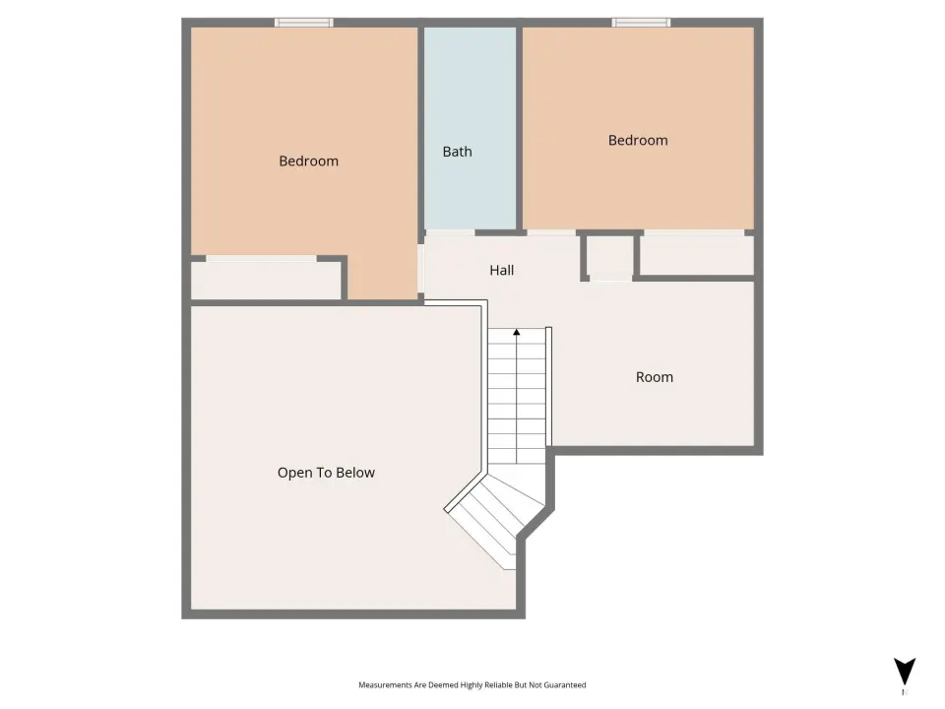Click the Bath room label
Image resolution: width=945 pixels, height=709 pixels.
457,152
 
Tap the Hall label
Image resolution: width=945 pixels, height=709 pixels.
501,270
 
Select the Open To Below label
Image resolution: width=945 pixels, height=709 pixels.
326,473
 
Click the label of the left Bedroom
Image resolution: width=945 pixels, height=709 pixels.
308,161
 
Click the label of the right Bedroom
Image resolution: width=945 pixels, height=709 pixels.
638,141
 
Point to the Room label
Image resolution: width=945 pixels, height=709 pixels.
655,377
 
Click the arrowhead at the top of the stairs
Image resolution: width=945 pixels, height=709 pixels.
517,332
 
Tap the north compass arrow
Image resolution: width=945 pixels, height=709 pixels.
905,672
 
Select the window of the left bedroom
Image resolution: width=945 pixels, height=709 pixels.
304,23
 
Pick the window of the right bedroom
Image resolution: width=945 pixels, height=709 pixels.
641,23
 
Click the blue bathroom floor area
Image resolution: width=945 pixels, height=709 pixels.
471,128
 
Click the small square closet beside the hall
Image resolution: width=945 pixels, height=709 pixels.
610,257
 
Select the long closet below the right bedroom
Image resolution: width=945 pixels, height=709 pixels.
697,255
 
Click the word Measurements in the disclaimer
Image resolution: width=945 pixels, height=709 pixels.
385,685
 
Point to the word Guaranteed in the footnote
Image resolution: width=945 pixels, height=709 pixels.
565,685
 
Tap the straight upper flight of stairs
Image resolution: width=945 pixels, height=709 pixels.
517,396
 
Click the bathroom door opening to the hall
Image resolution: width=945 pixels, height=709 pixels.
450,232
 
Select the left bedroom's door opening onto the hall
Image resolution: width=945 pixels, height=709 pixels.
421,268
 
